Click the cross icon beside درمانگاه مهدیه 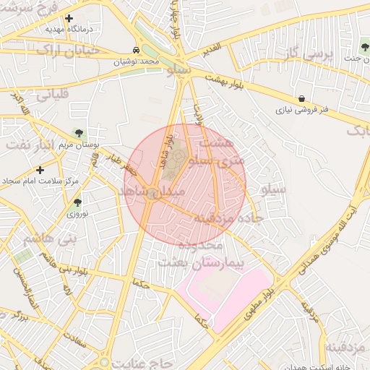coord(69,19)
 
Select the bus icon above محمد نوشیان coord(137,51)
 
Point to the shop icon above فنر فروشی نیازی coord(301,98)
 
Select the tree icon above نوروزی coord(77,202)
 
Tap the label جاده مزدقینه coord(228,218)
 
